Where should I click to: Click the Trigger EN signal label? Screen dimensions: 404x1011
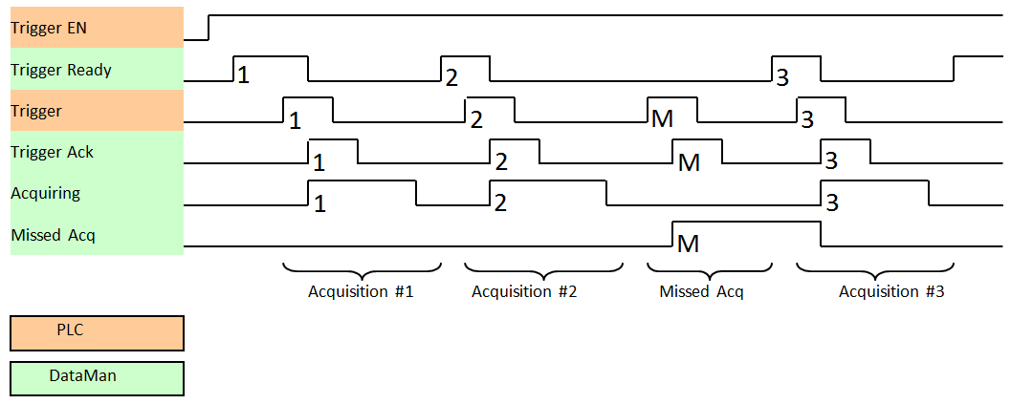(x=49, y=28)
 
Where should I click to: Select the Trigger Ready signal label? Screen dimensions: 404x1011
(x=61, y=70)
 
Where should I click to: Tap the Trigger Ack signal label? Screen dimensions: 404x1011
(x=53, y=151)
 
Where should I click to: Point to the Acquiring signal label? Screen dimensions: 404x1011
(x=46, y=193)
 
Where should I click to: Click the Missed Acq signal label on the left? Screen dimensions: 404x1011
(x=54, y=234)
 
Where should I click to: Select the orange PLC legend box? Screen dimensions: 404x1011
(x=97, y=332)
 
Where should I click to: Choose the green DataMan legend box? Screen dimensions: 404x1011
(x=97, y=376)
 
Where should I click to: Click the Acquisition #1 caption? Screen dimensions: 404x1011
(x=361, y=291)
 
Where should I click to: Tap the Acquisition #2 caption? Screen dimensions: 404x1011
(x=524, y=291)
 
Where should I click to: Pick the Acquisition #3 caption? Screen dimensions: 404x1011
(x=891, y=291)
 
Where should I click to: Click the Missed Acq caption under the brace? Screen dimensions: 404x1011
(x=701, y=291)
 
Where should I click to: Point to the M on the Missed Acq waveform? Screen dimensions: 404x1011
(x=688, y=245)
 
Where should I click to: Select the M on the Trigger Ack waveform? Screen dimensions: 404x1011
(x=689, y=162)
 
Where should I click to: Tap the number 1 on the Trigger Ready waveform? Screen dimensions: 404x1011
(x=243, y=74)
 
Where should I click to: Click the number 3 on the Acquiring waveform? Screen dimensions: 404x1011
(x=831, y=202)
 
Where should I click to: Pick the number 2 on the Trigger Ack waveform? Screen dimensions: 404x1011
(x=501, y=161)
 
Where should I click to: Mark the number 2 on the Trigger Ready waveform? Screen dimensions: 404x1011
(x=452, y=76)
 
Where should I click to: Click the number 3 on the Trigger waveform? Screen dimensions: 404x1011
(x=807, y=120)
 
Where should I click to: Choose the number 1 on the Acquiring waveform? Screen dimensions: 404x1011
(x=319, y=202)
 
